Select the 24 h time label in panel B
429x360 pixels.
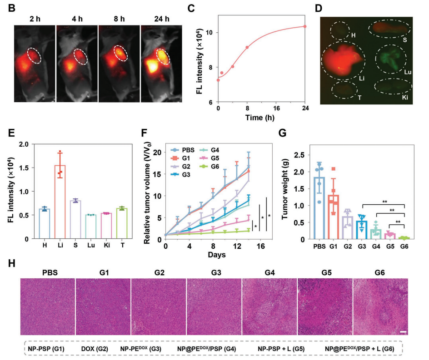point(156,20)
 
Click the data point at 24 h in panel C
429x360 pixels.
point(305,26)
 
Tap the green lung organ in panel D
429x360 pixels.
point(391,60)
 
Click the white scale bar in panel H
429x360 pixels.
point(403,332)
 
